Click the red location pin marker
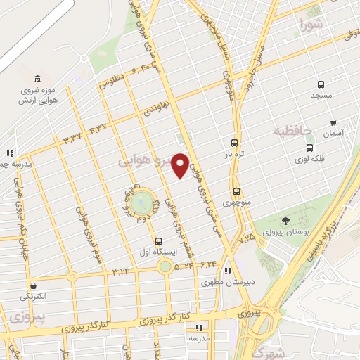pos(180,165)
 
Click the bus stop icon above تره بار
pos(234,141)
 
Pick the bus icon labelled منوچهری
pos(236,191)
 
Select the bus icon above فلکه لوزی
pos(310,148)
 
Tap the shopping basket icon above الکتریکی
pos(32,286)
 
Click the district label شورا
pos(312,25)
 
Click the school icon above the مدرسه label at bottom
pos(199,327)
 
